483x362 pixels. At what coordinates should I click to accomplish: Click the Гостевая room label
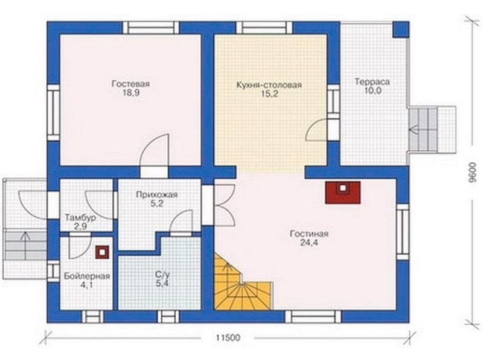[130, 84]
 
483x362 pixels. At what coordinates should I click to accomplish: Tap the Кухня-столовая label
[269, 85]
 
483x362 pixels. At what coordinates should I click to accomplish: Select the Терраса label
[372, 82]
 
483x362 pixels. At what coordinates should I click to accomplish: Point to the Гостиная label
[309, 233]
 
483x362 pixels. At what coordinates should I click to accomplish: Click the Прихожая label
[157, 194]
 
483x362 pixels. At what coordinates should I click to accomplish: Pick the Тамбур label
[80, 218]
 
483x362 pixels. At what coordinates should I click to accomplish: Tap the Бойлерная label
[87, 276]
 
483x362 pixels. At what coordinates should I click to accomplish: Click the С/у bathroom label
[162, 275]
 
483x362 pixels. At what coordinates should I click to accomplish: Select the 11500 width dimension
[228, 338]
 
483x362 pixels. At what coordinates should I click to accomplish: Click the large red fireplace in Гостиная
[343, 192]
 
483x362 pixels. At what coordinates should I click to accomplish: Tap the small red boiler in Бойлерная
[102, 252]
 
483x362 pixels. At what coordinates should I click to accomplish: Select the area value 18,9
[131, 93]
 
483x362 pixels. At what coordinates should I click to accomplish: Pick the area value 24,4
[309, 243]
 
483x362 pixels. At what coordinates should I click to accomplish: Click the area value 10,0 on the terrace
[373, 91]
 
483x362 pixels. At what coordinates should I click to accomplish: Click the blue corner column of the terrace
[401, 30]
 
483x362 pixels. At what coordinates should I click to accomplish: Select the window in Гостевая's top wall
[151, 27]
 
